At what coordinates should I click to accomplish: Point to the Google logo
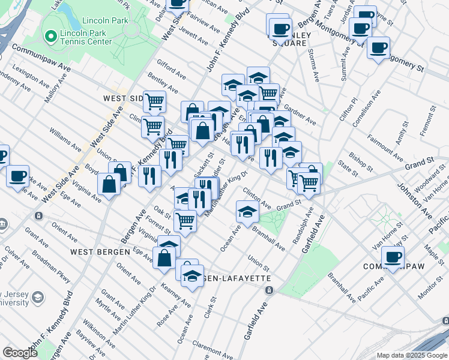20,353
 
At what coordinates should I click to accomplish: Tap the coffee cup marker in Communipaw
393,258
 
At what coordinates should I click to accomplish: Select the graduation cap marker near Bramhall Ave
247,211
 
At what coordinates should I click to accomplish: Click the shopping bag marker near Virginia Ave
109,185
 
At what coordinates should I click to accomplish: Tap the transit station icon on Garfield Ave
269,290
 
